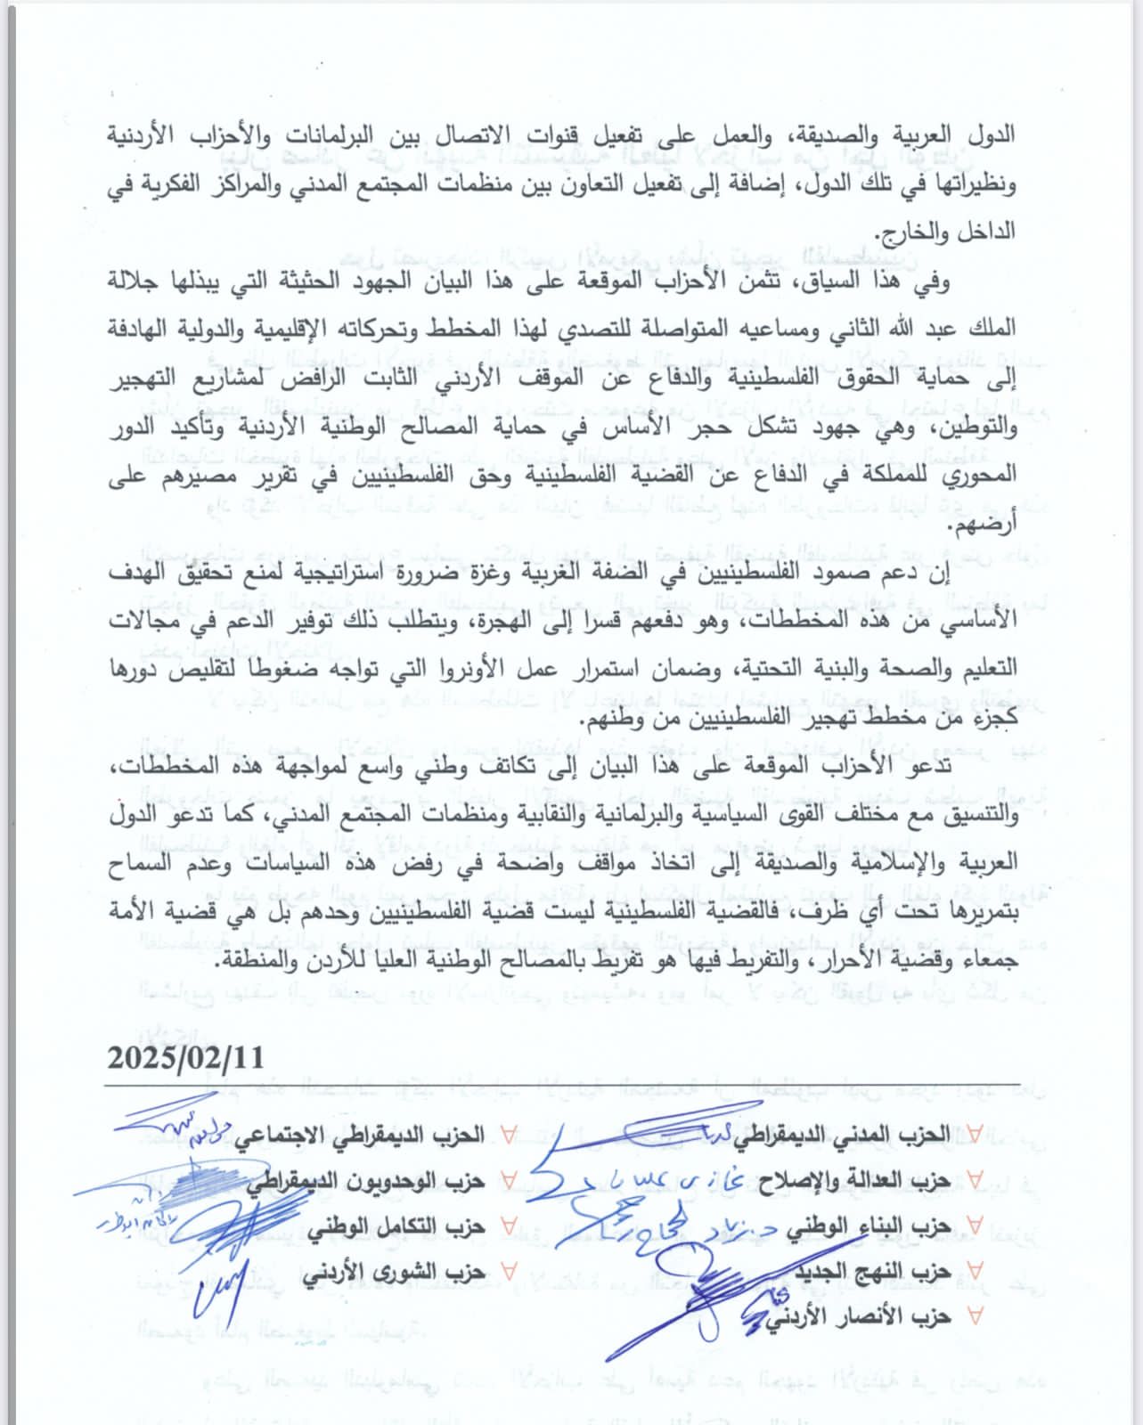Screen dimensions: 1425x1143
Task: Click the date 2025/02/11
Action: point(186,1057)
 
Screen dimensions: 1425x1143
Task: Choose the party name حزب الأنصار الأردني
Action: point(869,1315)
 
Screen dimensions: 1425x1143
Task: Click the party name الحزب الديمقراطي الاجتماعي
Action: point(360,1134)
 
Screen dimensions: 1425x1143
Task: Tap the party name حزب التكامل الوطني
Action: point(397,1225)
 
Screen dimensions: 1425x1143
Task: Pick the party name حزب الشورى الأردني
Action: point(394,1271)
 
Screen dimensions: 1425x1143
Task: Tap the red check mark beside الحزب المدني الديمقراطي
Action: point(975,1134)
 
